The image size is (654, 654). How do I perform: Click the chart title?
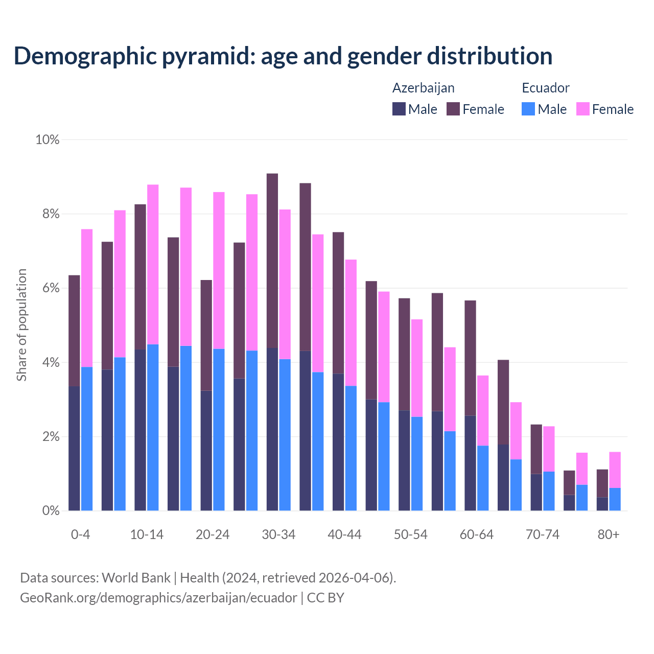click(283, 56)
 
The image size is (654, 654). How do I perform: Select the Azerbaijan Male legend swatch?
click(399, 109)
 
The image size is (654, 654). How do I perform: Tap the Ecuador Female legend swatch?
click(582, 109)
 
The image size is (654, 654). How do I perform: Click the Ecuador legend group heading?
click(545, 88)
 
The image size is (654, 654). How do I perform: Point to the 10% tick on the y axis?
click(48, 139)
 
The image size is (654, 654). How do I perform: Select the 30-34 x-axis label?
click(278, 534)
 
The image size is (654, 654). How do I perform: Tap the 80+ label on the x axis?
click(609, 534)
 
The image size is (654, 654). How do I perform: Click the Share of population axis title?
click(21, 325)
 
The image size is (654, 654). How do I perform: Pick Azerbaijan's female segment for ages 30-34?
click(272, 261)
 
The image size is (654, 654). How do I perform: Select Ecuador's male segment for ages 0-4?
click(87, 438)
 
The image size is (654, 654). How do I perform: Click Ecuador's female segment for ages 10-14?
click(153, 264)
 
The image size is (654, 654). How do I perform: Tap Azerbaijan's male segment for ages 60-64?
click(470, 463)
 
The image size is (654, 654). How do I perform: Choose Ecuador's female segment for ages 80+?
click(615, 470)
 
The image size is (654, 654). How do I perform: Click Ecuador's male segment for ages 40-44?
click(351, 448)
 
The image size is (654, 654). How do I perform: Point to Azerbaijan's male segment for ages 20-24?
click(206, 450)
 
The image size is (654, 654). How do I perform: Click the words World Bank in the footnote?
click(136, 578)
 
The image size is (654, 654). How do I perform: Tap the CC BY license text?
click(325, 598)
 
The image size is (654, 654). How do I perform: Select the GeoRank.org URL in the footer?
click(158, 598)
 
